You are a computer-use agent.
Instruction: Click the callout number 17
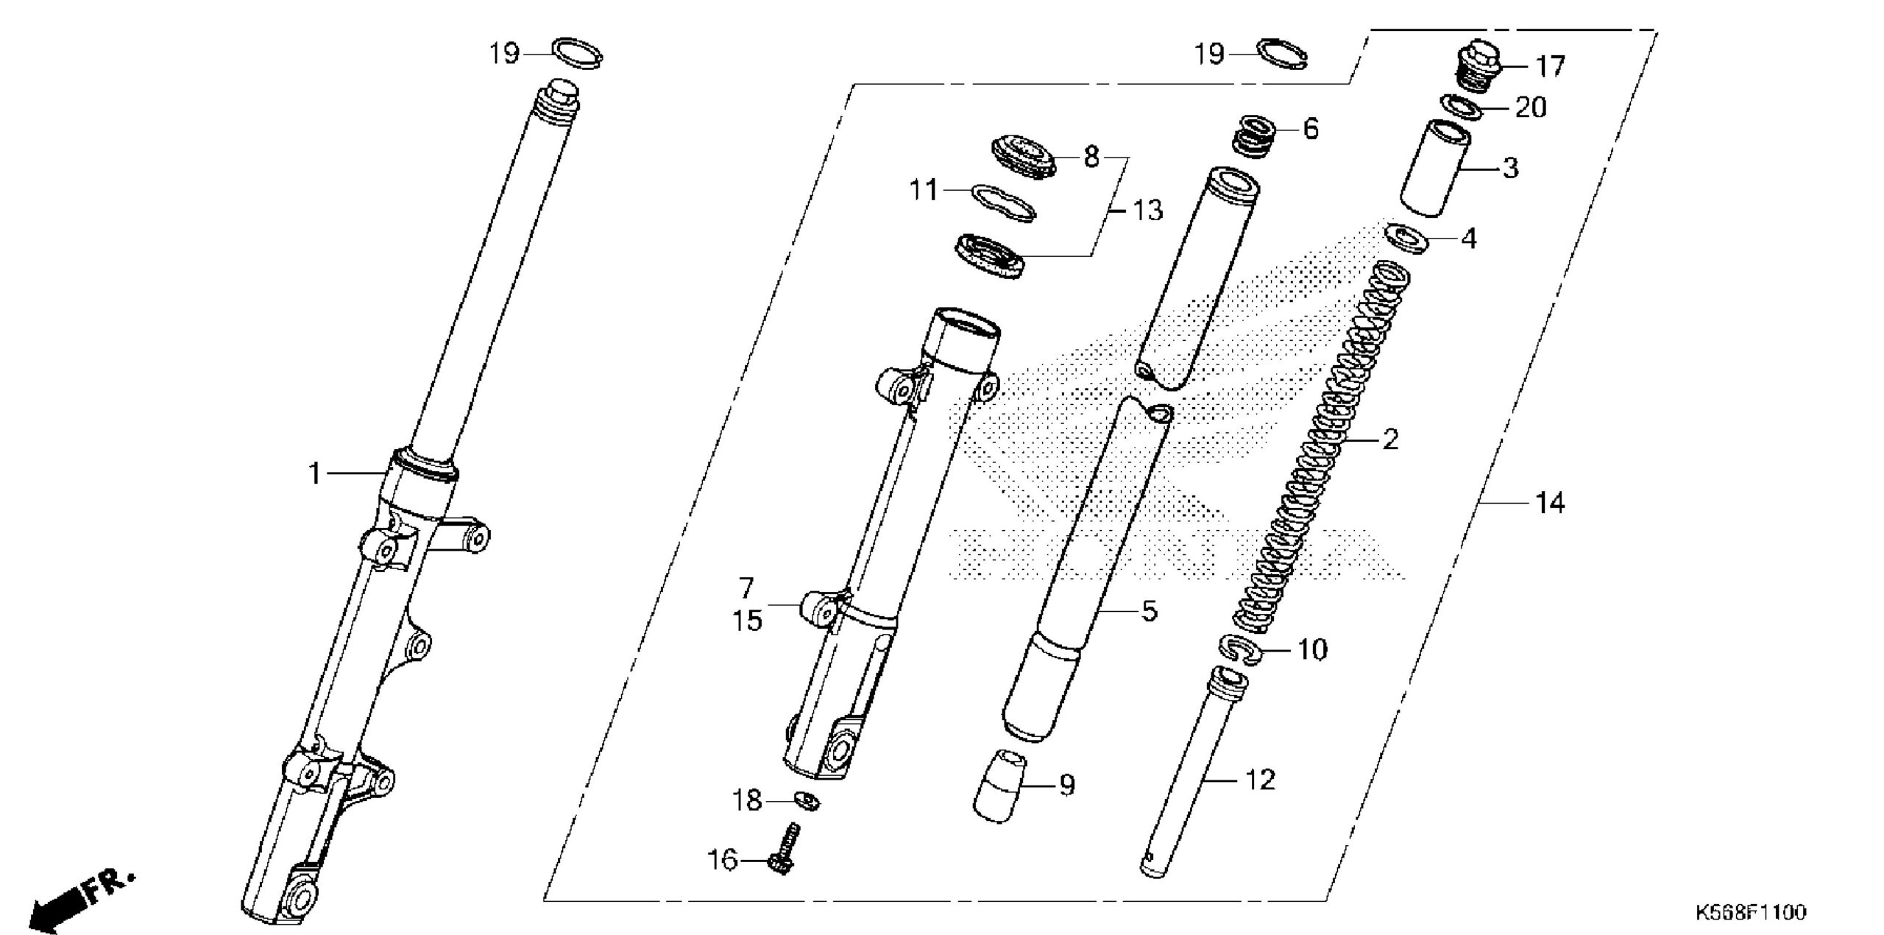click(1550, 67)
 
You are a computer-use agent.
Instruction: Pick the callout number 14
click(1550, 504)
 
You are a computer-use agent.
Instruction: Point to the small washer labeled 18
click(807, 800)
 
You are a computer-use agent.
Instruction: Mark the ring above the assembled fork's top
click(578, 54)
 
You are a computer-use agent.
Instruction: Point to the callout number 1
click(315, 474)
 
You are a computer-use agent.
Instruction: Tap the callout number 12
click(1260, 780)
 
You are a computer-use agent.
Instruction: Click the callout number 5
click(1150, 611)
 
